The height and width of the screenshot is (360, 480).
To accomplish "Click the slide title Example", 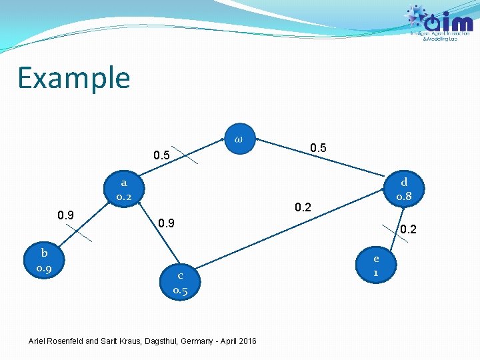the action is (73, 78).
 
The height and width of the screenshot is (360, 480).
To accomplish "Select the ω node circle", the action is (239, 139).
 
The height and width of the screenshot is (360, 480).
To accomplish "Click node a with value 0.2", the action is (124, 189).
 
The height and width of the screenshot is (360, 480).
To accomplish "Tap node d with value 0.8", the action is (404, 189).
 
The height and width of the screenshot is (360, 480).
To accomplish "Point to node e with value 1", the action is (377, 265).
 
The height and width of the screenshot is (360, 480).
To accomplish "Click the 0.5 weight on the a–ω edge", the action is (161, 156).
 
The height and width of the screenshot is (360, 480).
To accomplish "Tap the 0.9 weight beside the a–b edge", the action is (65, 215).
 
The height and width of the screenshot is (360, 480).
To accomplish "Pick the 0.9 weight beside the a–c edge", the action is (165, 223).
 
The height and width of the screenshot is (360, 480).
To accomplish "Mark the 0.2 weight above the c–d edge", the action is (303, 207).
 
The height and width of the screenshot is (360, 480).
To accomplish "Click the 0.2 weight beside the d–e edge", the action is (408, 230).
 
